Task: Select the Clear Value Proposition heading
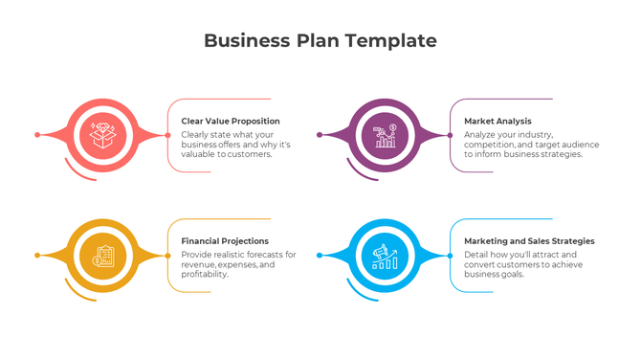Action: tap(231, 122)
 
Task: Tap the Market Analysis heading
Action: tap(497, 122)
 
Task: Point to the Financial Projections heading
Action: tap(225, 241)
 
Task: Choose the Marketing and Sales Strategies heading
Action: tap(529, 241)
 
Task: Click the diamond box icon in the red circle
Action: tap(102, 135)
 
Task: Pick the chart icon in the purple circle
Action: tap(385, 135)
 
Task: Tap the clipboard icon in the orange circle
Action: tap(102, 256)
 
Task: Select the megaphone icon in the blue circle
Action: tap(385, 256)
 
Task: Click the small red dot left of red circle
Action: tap(37, 135)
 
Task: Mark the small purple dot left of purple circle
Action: tap(320, 135)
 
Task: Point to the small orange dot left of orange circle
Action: tap(37, 256)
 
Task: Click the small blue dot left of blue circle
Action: tap(320, 256)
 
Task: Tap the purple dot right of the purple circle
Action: tap(450, 135)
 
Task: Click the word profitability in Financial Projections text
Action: tap(205, 274)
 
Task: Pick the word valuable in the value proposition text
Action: tap(201, 154)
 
